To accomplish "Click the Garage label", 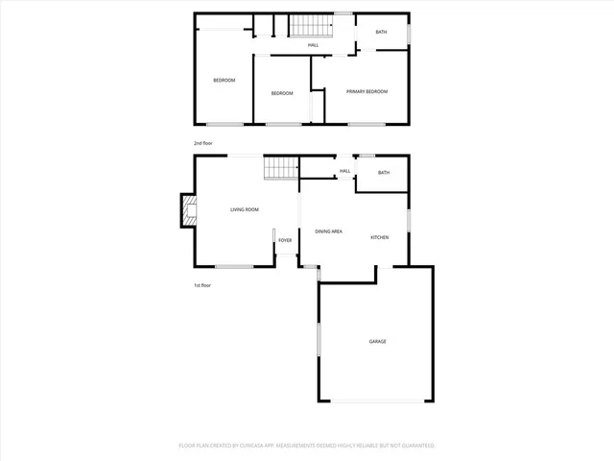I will coord(377,341).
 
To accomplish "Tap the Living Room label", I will coord(245,209).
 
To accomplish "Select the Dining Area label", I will coord(329,231).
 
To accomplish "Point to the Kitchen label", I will coord(380,237).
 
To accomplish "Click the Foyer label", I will coord(285,240).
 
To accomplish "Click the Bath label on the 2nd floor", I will coord(382,33).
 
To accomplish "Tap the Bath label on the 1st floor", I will coord(384,173).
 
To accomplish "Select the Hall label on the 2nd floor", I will coord(313,45).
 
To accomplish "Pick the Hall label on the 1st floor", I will coord(344,172).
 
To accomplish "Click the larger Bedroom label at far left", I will coord(224,80).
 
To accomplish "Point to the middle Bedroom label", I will coord(281,93).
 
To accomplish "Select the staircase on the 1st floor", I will coord(279,168).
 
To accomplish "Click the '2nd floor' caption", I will coord(202,143).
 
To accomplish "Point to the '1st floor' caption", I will coord(201,285).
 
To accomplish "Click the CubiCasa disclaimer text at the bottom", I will coord(307,446).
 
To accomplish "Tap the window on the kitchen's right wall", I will coord(409,219).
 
